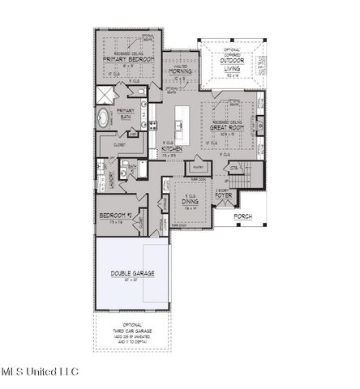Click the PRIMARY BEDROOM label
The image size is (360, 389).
point(127,59)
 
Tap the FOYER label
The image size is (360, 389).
point(224,195)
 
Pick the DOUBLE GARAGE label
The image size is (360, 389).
point(131,274)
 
